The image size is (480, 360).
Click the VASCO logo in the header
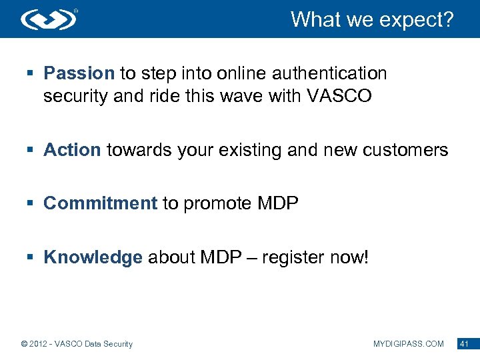49,19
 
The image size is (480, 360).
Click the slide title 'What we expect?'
371,19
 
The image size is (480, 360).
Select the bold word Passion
79,73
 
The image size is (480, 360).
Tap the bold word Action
72,150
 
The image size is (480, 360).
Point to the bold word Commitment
100,203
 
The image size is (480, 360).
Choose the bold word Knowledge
93,257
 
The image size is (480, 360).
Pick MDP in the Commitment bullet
277,203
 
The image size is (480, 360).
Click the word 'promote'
217,203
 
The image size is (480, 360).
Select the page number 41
465,344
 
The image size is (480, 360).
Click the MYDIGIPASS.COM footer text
408,344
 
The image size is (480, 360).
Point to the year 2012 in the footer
40,344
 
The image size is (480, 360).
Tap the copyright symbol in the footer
24,344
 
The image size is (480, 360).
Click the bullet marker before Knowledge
31,258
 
